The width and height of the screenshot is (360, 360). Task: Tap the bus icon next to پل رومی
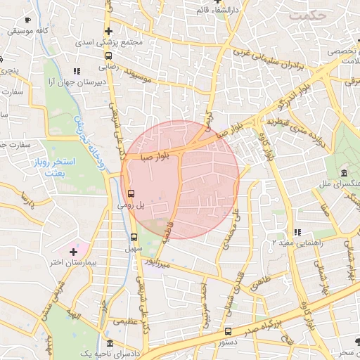pos(131,193)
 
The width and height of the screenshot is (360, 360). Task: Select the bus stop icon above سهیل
pos(134,237)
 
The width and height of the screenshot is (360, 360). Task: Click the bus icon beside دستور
pos(227,331)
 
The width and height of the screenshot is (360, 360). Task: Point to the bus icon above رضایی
pos(108,56)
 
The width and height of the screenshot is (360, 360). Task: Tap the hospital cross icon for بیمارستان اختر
pos(73,251)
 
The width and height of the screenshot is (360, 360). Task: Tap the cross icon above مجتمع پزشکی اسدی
pos(108,31)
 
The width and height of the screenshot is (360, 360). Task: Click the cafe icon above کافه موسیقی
pos(27,21)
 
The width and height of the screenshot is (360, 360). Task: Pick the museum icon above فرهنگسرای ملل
pos(343,173)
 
